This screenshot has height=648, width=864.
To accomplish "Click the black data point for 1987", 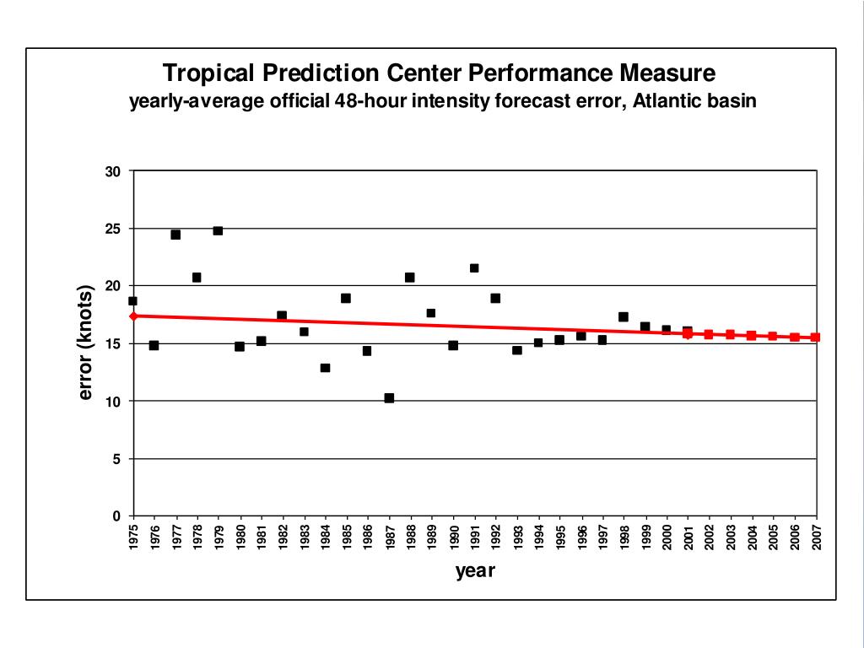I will [389, 397].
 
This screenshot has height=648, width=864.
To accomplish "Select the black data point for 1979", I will [218, 230].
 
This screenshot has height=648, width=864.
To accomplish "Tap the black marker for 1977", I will [175, 235].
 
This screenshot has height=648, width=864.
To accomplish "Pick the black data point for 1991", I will [474, 268].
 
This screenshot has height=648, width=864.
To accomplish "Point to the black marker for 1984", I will [325, 368].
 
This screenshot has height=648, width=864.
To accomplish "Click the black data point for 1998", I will [624, 317].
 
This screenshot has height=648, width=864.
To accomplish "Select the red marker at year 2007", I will [816, 337].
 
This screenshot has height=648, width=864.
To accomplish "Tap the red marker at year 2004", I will [752, 336].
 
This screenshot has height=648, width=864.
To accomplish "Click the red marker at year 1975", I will [133, 316].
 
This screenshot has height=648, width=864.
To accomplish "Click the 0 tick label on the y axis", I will [117, 516].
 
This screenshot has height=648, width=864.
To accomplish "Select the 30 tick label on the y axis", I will [113, 171].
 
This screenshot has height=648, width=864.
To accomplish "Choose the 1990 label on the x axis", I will [454, 537].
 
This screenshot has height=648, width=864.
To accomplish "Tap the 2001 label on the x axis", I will [688, 537].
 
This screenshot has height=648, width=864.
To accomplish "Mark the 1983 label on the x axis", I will [305, 537].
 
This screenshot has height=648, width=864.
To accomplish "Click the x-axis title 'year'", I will [475, 571].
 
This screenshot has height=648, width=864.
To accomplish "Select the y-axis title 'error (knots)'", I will [85, 343].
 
